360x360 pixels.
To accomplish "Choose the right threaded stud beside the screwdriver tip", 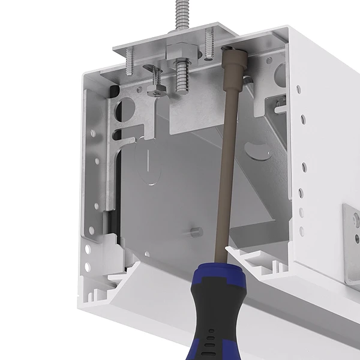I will (x=209, y=44).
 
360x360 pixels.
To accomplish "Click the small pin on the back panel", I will (x=196, y=230).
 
